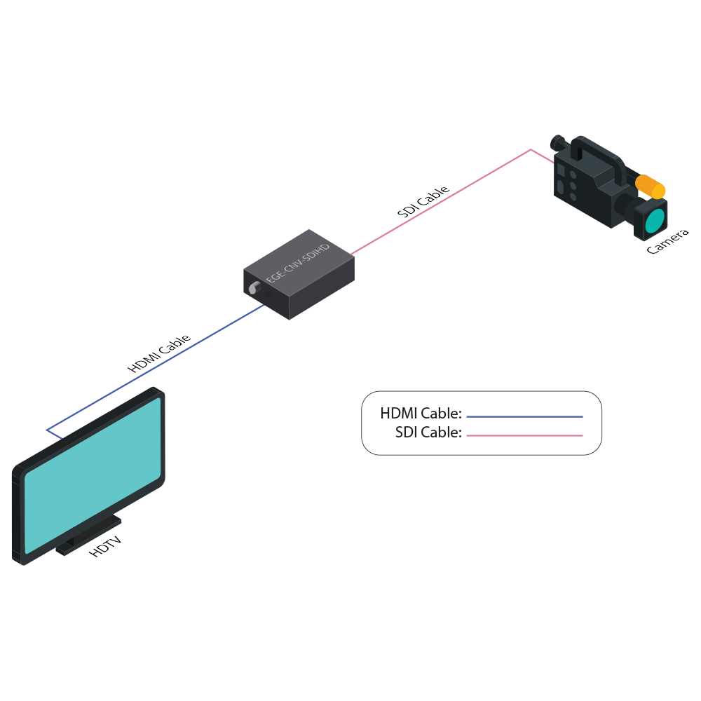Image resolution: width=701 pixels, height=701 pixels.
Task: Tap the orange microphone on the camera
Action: point(651,186)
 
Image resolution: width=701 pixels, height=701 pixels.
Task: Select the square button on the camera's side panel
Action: point(561,170)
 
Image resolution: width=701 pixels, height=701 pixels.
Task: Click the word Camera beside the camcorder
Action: point(667,241)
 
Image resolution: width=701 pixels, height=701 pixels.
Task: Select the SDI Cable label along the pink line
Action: point(422,202)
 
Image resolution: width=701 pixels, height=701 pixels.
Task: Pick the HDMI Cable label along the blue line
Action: point(158,353)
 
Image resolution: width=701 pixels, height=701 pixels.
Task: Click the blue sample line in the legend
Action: point(524,416)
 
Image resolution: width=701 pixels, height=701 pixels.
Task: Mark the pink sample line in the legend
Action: point(524,435)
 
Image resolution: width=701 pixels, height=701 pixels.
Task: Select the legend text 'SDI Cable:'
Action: point(428,433)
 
